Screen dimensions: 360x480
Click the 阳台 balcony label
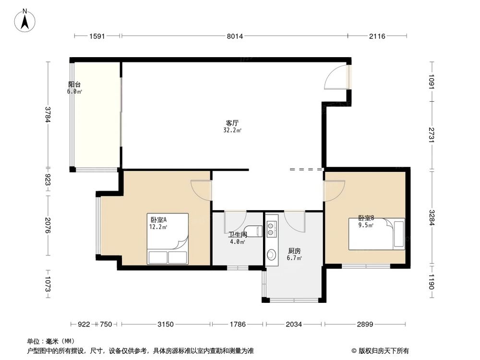(74, 85)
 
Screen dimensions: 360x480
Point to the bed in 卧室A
(168, 239)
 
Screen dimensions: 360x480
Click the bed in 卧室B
(376, 234)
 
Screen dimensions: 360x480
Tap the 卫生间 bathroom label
(238, 235)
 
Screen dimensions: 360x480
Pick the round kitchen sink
(272, 254)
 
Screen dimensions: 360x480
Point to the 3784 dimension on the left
(47, 114)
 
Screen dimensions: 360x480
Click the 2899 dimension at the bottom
(365, 324)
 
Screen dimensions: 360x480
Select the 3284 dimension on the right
(432, 218)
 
